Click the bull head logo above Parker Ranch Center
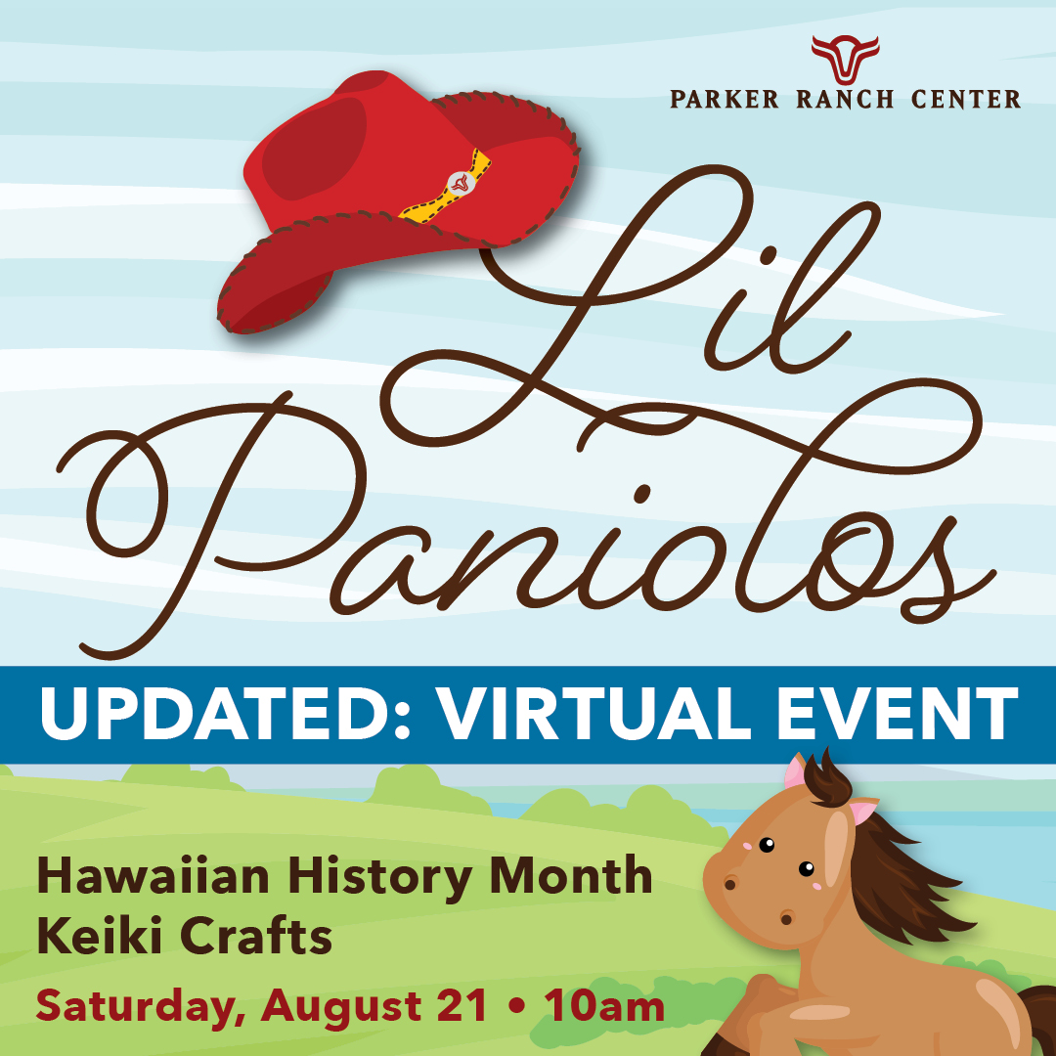pyautogui.click(x=845, y=60)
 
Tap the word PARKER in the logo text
pyautogui.click(x=724, y=99)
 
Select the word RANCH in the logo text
pyautogui.click(x=845, y=99)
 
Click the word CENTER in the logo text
pyautogui.click(x=966, y=99)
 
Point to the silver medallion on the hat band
pyautogui.click(x=460, y=183)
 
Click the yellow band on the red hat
pyautogui.click(x=446, y=186)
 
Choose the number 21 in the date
pyautogui.click(x=462, y=1006)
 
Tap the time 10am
pyautogui.click(x=604, y=1006)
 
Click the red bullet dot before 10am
pyautogui.click(x=516, y=1007)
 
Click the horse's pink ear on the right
pyautogui.click(x=861, y=811)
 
